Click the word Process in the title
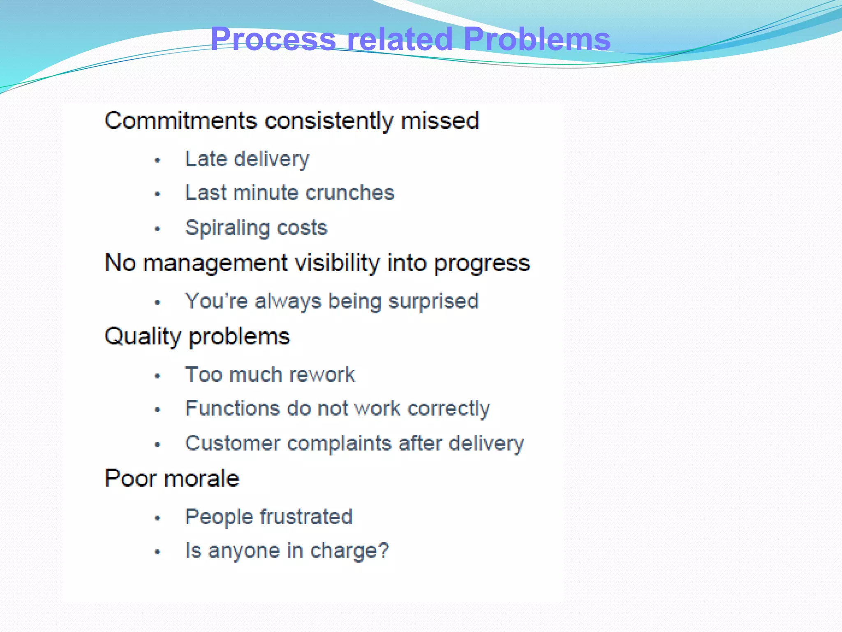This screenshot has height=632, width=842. pos(273,39)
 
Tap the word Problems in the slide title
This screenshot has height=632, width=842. pos(537,39)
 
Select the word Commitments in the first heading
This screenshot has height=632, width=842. pos(181,121)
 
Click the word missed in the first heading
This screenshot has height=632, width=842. pos(440,121)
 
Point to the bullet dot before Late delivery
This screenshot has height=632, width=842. pos(157,160)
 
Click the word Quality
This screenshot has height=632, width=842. pos(143,337)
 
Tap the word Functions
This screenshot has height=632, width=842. pos(233,408)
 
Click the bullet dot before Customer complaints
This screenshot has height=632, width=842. pos(157,444)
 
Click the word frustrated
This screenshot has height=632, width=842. pos(306,516)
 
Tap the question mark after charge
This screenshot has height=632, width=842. pos(383,550)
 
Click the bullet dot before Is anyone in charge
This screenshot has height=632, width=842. pos(157,552)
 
